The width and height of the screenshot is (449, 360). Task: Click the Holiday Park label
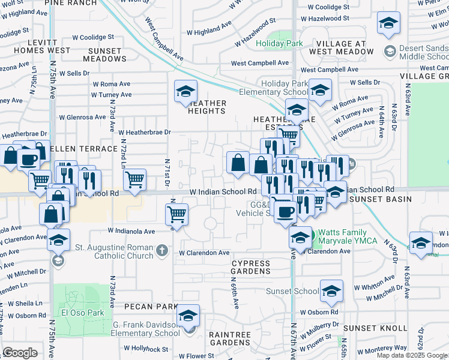[x=279, y=44]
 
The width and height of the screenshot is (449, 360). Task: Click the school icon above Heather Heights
[x=185, y=92]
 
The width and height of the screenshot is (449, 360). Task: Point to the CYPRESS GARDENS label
[x=250, y=267]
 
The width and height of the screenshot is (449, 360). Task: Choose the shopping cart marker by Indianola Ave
[x=176, y=213]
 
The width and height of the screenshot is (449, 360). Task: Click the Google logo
[x=20, y=353]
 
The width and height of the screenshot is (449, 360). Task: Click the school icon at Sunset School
[x=331, y=291]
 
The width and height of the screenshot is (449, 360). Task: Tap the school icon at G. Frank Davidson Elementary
[x=188, y=316]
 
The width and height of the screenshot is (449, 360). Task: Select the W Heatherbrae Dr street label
[x=145, y=132]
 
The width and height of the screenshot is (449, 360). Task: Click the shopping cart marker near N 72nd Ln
[x=134, y=179]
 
